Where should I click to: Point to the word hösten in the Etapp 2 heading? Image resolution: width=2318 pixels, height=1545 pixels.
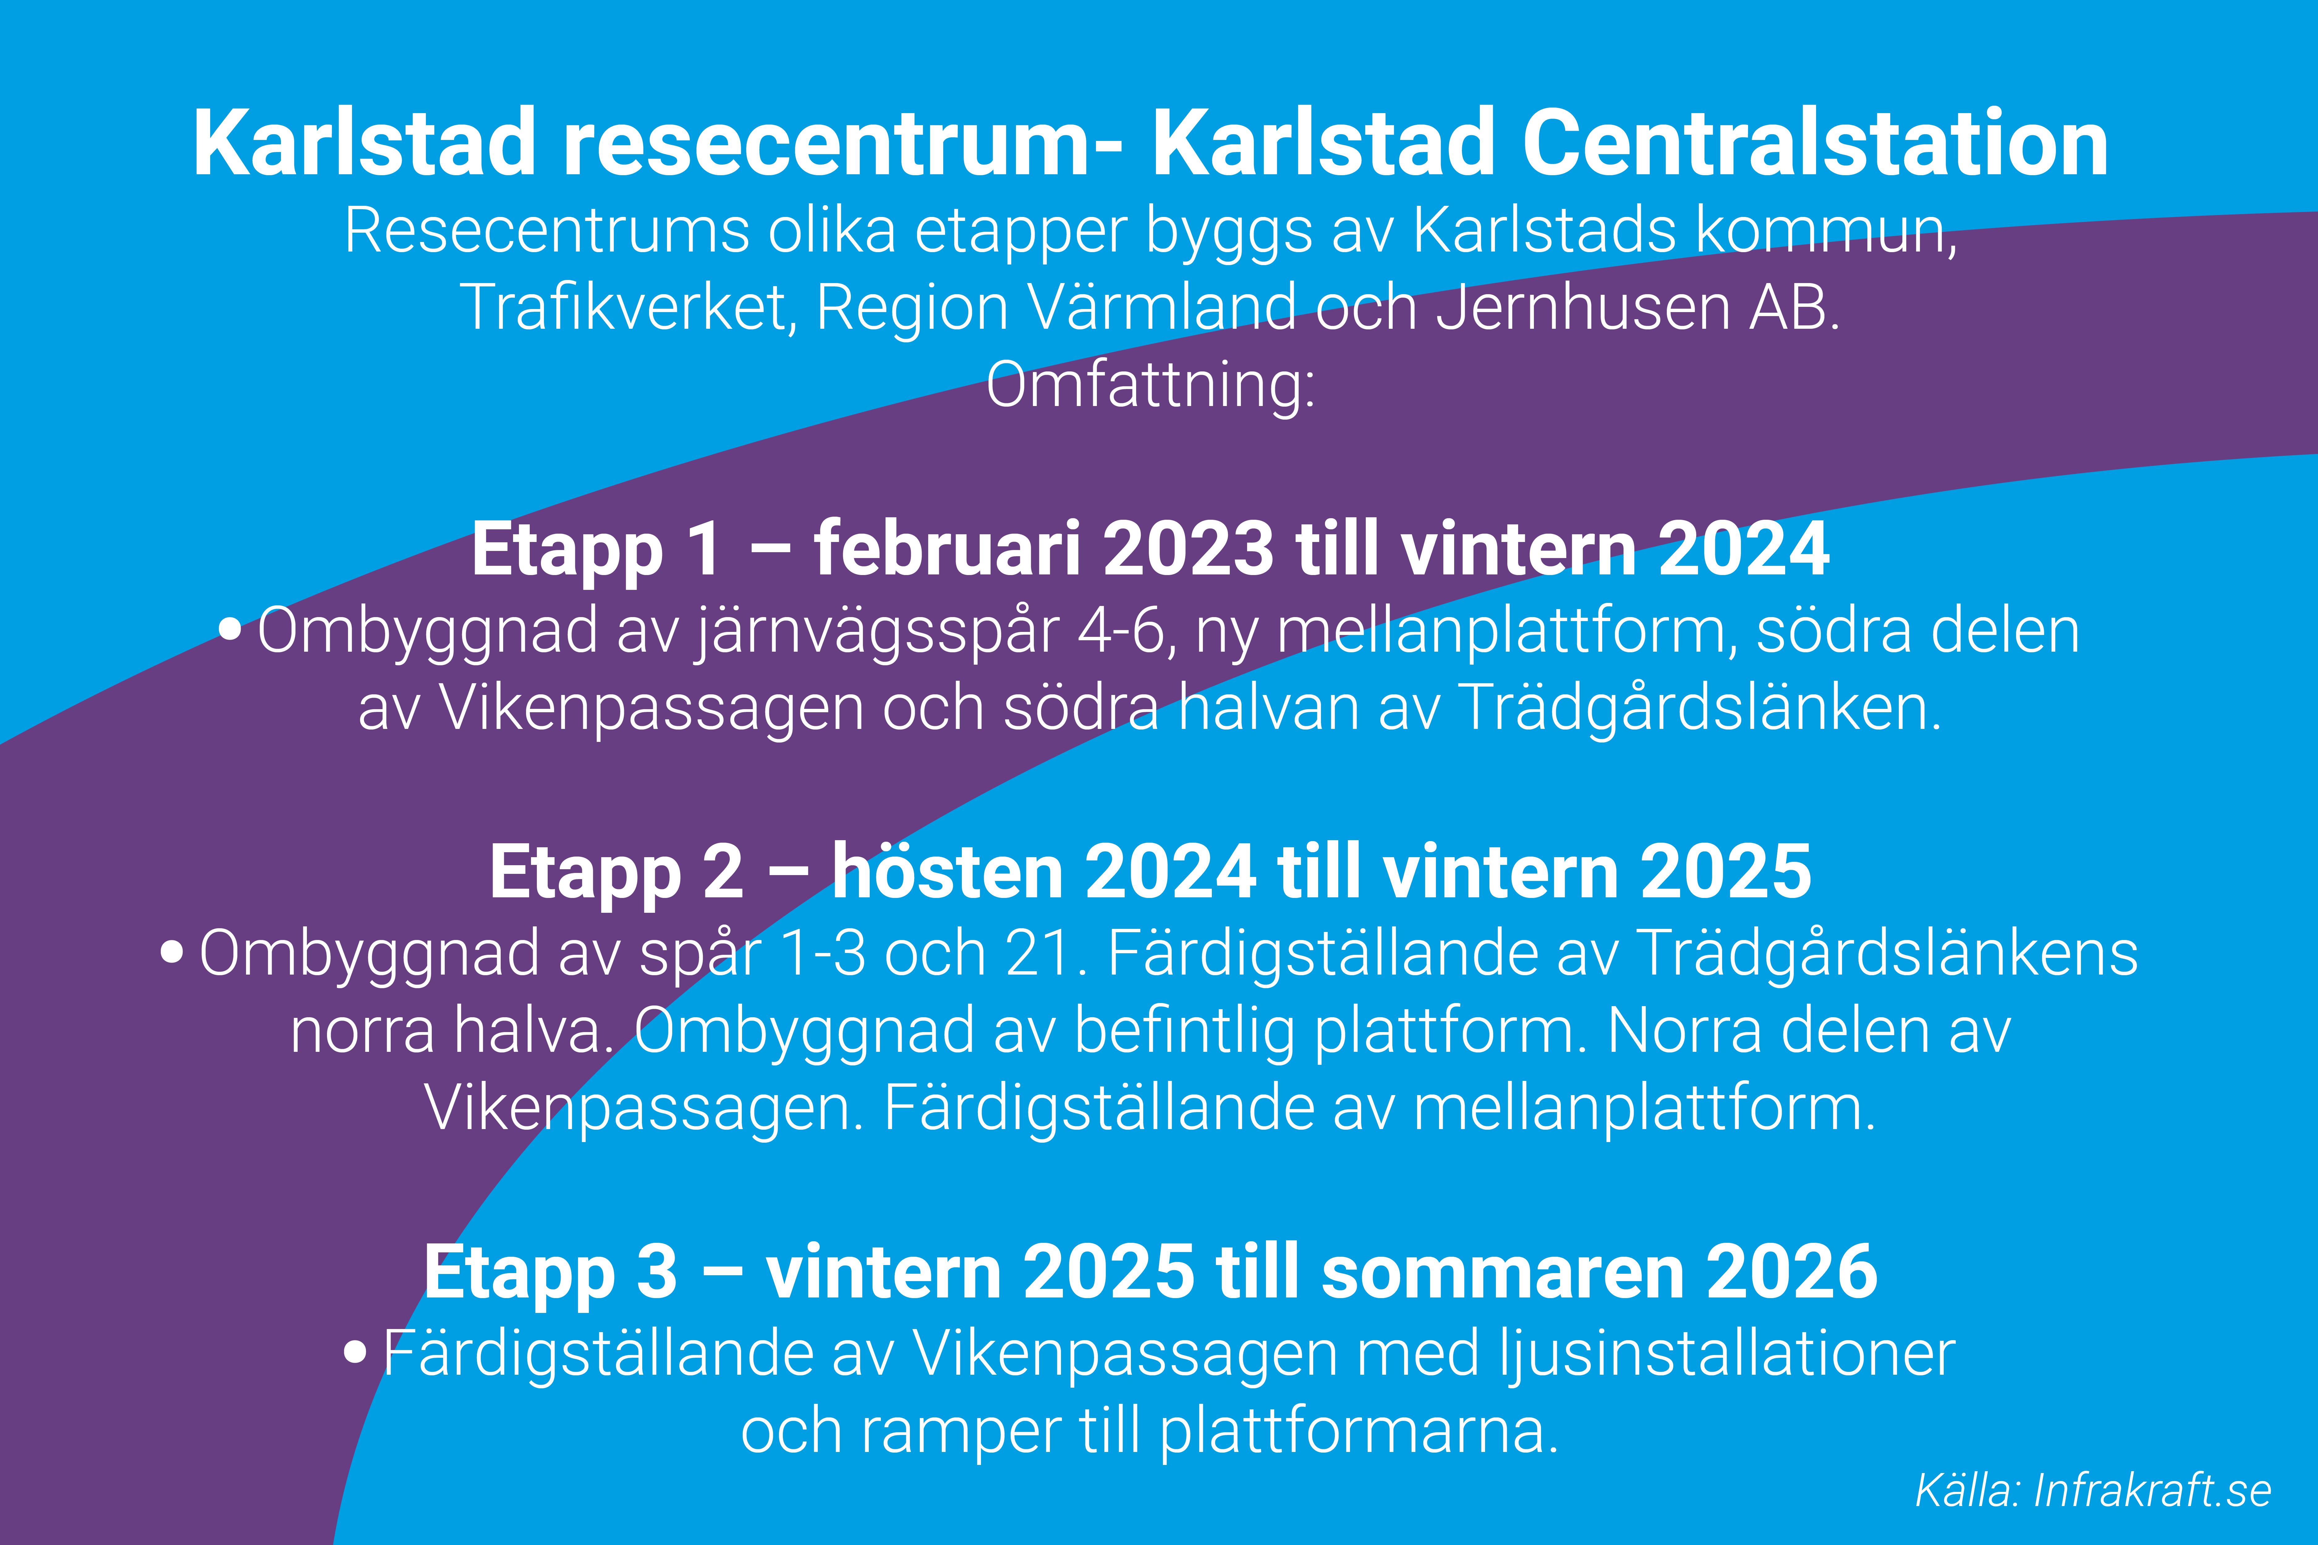pos(947,872)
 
